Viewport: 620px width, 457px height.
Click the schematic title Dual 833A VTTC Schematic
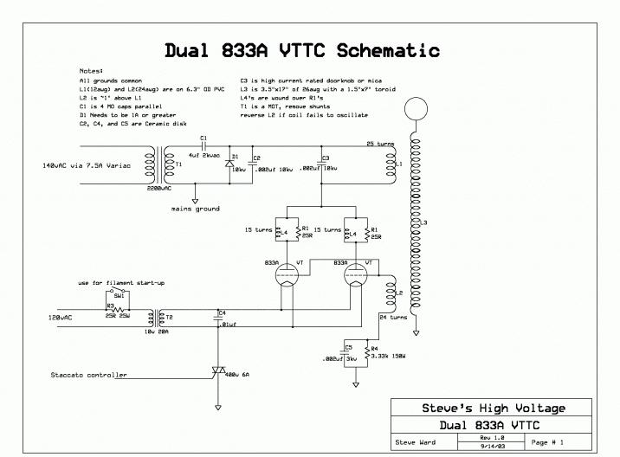(x=302, y=50)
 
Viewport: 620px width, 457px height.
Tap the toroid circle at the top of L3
(x=416, y=110)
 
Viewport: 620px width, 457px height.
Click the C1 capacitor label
(x=203, y=138)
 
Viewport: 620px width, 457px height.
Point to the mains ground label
(x=196, y=209)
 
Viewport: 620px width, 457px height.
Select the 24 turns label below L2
(x=393, y=318)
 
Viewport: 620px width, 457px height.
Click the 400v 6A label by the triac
(x=236, y=374)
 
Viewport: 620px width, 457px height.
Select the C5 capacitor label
(x=348, y=346)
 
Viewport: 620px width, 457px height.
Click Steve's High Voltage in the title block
(x=494, y=408)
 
